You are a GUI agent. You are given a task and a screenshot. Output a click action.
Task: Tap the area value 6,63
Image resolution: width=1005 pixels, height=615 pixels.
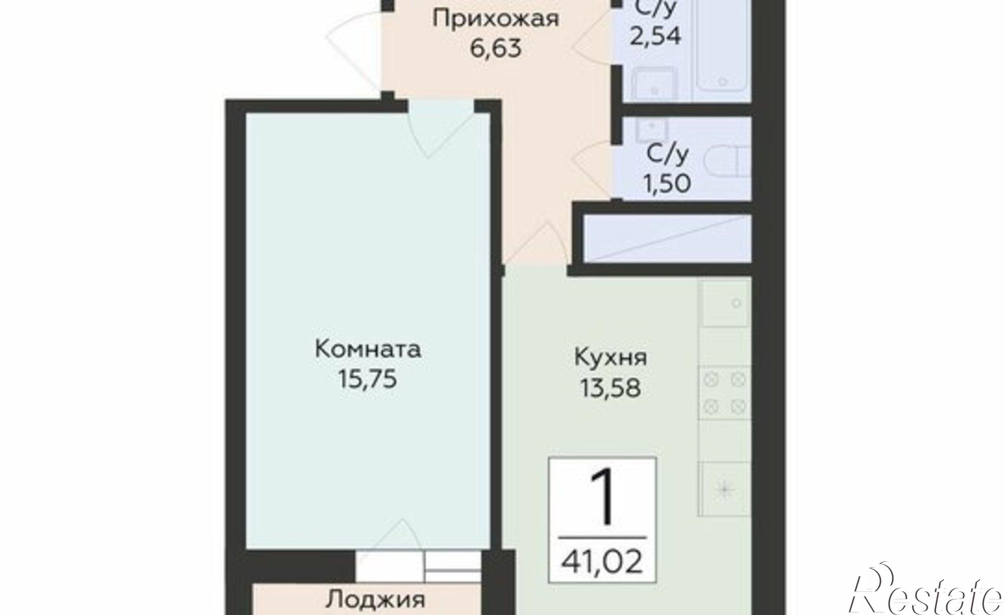[495, 49]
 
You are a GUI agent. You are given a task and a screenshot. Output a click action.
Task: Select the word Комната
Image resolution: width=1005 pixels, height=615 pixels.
[368, 349]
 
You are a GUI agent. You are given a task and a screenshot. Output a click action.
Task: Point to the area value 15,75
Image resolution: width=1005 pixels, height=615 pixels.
[368, 379]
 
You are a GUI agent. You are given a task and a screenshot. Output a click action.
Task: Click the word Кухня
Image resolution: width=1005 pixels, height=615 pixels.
[611, 358]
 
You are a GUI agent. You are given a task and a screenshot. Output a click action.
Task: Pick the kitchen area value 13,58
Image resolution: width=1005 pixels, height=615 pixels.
[611, 388]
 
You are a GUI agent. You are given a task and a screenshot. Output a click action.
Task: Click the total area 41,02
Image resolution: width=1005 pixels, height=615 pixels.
[602, 562]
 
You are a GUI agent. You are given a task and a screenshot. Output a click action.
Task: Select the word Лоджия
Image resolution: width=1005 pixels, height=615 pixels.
[375, 600]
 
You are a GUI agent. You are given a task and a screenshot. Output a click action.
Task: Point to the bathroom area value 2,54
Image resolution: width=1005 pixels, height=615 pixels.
[655, 36]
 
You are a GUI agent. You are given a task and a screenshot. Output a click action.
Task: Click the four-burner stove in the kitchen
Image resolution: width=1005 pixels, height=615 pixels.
[724, 393]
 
